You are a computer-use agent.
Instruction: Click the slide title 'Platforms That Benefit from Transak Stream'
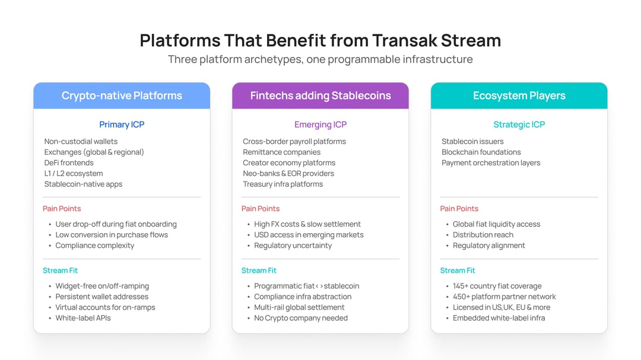click(x=320, y=40)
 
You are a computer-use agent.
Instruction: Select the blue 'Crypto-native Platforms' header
click(x=122, y=95)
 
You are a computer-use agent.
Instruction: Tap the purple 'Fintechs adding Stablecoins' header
click(x=320, y=95)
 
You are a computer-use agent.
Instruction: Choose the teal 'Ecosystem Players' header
click(x=519, y=95)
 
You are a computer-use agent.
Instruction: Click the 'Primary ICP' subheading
click(x=122, y=125)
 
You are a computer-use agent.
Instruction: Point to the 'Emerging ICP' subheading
click(x=320, y=125)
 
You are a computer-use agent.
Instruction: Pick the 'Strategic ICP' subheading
click(x=519, y=125)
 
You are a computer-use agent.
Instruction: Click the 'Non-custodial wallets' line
click(x=81, y=141)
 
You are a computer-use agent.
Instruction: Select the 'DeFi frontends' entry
click(x=69, y=163)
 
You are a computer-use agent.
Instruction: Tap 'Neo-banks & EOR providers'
click(x=288, y=173)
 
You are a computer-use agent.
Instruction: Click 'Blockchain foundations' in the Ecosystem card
click(x=481, y=152)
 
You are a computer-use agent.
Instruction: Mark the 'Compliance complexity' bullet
click(x=94, y=246)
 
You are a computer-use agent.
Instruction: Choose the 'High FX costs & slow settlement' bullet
click(x=307, y=224)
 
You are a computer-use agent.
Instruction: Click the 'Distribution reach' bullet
click(x=483, y=235)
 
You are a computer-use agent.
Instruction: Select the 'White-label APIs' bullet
click(x=83, y=318)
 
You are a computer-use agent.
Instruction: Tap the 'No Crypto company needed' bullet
click(x=301, y=318)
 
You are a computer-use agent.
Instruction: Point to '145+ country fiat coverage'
click(x=497, y=286)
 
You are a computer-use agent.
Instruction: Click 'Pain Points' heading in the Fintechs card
click(x=260, y=209)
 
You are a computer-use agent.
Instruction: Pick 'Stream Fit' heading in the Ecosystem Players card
click(x=457, y=270)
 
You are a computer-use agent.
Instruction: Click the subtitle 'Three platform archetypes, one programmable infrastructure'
click(x=320, y=59)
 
